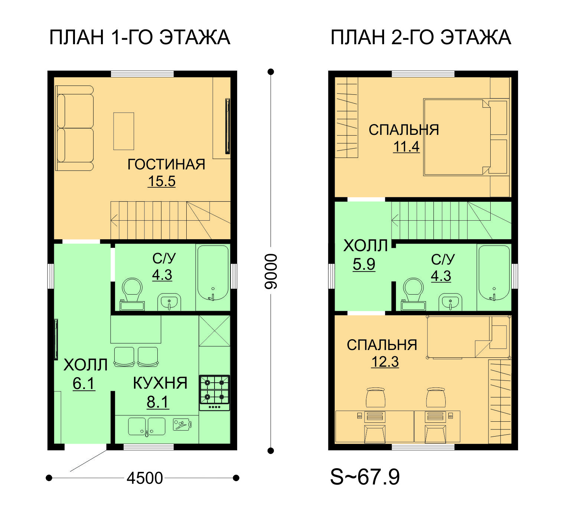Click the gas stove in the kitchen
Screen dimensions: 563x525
click(214, 393)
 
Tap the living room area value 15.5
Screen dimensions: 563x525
click(161, 181)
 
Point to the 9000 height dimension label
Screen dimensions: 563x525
click(271, 272)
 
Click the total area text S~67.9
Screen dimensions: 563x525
click(365, 477)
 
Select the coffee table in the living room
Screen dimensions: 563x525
click(124, 131)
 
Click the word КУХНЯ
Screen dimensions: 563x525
click(160, 383)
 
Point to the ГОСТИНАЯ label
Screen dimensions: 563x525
click(166, 164)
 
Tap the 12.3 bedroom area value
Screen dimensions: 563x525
click(385, 362)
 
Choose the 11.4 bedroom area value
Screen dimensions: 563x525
click(406, 147)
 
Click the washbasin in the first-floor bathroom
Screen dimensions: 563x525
click(169, 302)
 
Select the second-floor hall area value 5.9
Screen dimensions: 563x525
click(364, 264)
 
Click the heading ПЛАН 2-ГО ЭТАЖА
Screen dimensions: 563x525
click(421, 38)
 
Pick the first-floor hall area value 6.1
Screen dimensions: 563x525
click(84, 383)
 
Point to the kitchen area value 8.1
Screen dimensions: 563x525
click(158, 402)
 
